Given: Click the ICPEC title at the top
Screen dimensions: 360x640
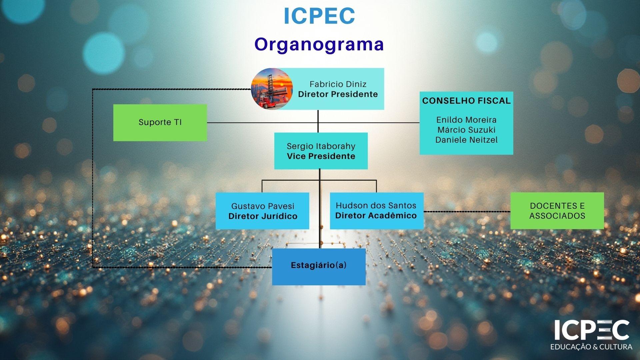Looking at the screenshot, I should [x=319, y=16].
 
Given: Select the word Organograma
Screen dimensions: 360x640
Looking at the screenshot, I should [x=319, y=44].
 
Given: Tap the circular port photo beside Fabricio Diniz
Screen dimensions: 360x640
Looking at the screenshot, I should [x=272, y=89].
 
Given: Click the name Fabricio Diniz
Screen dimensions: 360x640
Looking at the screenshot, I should [x=338, y=84].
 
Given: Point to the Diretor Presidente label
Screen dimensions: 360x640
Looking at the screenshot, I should [x=338, y=94].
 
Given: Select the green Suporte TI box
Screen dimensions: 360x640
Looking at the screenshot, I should [x=160, y=122].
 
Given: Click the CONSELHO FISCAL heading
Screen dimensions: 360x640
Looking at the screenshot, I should [x=466, y=101].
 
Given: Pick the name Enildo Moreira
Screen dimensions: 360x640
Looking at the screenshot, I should [x=466, y=120].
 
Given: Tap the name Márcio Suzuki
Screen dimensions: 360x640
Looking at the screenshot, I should [x=466, y=130].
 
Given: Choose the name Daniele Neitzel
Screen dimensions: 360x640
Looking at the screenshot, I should [x=466, y=140].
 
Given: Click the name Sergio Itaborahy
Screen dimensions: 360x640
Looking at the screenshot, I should [x=321, y=146].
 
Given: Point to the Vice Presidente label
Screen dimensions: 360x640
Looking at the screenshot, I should [x=321, y=156].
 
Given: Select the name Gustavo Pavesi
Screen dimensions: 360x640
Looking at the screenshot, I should [x=263, y=206].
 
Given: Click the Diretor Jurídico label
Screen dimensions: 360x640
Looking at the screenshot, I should [x=263, y=216].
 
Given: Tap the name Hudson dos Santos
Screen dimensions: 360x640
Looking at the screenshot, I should [x=376, y=205].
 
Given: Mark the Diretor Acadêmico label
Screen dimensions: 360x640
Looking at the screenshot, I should [x=376, y=216].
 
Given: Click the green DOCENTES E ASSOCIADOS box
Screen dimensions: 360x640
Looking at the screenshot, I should [x=557, y=211].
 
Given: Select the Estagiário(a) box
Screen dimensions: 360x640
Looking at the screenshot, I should [x=319, y=266].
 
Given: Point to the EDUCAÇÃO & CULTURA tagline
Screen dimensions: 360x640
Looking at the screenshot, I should [x=591, y=347].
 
